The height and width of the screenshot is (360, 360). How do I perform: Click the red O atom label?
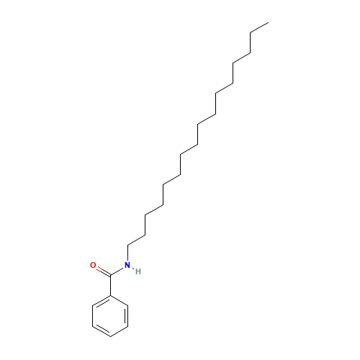pos(93,265)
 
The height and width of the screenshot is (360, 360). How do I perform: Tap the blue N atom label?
pos(127,265)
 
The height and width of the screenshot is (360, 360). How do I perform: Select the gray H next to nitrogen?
pos(138,271)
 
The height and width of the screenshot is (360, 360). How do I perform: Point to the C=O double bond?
pos(104,271)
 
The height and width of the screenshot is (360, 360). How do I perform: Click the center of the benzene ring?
pos(110,316)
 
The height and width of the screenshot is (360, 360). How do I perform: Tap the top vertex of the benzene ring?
pos(110,295)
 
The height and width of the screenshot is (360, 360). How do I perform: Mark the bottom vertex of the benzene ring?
pos(110,336)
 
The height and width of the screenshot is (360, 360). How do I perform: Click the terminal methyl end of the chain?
pos(269,23)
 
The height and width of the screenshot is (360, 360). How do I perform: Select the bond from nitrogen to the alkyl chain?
pos(128,253)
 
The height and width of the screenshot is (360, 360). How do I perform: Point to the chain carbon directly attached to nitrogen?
pos(128,245)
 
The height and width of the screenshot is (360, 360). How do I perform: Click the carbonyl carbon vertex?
pos(110,275)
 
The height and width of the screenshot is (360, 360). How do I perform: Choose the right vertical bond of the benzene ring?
pos(127,316)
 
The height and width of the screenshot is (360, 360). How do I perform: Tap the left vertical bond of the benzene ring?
pos(93,316)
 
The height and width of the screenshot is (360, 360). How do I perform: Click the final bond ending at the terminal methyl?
pos(259,28)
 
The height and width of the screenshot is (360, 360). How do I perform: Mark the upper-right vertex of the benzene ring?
pos(128,305)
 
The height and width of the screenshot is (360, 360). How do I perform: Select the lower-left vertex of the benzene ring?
pos(93,326)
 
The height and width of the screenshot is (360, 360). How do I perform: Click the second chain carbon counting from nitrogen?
pos(145,235)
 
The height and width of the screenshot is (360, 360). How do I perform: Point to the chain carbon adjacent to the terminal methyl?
pos(251,33)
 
